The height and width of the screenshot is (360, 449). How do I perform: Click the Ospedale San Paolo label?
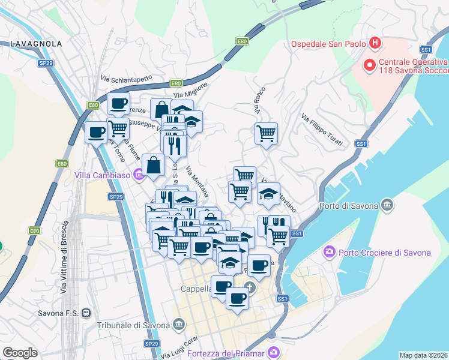click(x=328, y=44)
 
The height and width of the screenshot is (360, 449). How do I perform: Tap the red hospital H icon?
click(x=375, y=43)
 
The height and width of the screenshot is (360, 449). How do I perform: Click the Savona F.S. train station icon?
click(x=87, y=313)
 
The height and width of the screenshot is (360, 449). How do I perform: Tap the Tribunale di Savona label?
click(x=133, y=325)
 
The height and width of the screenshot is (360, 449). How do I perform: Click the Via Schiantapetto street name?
click(x=127, y=79)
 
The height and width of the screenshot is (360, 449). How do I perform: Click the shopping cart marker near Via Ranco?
click(x=266, y=133)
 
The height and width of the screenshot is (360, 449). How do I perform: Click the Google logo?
click(x=20, y=353)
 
